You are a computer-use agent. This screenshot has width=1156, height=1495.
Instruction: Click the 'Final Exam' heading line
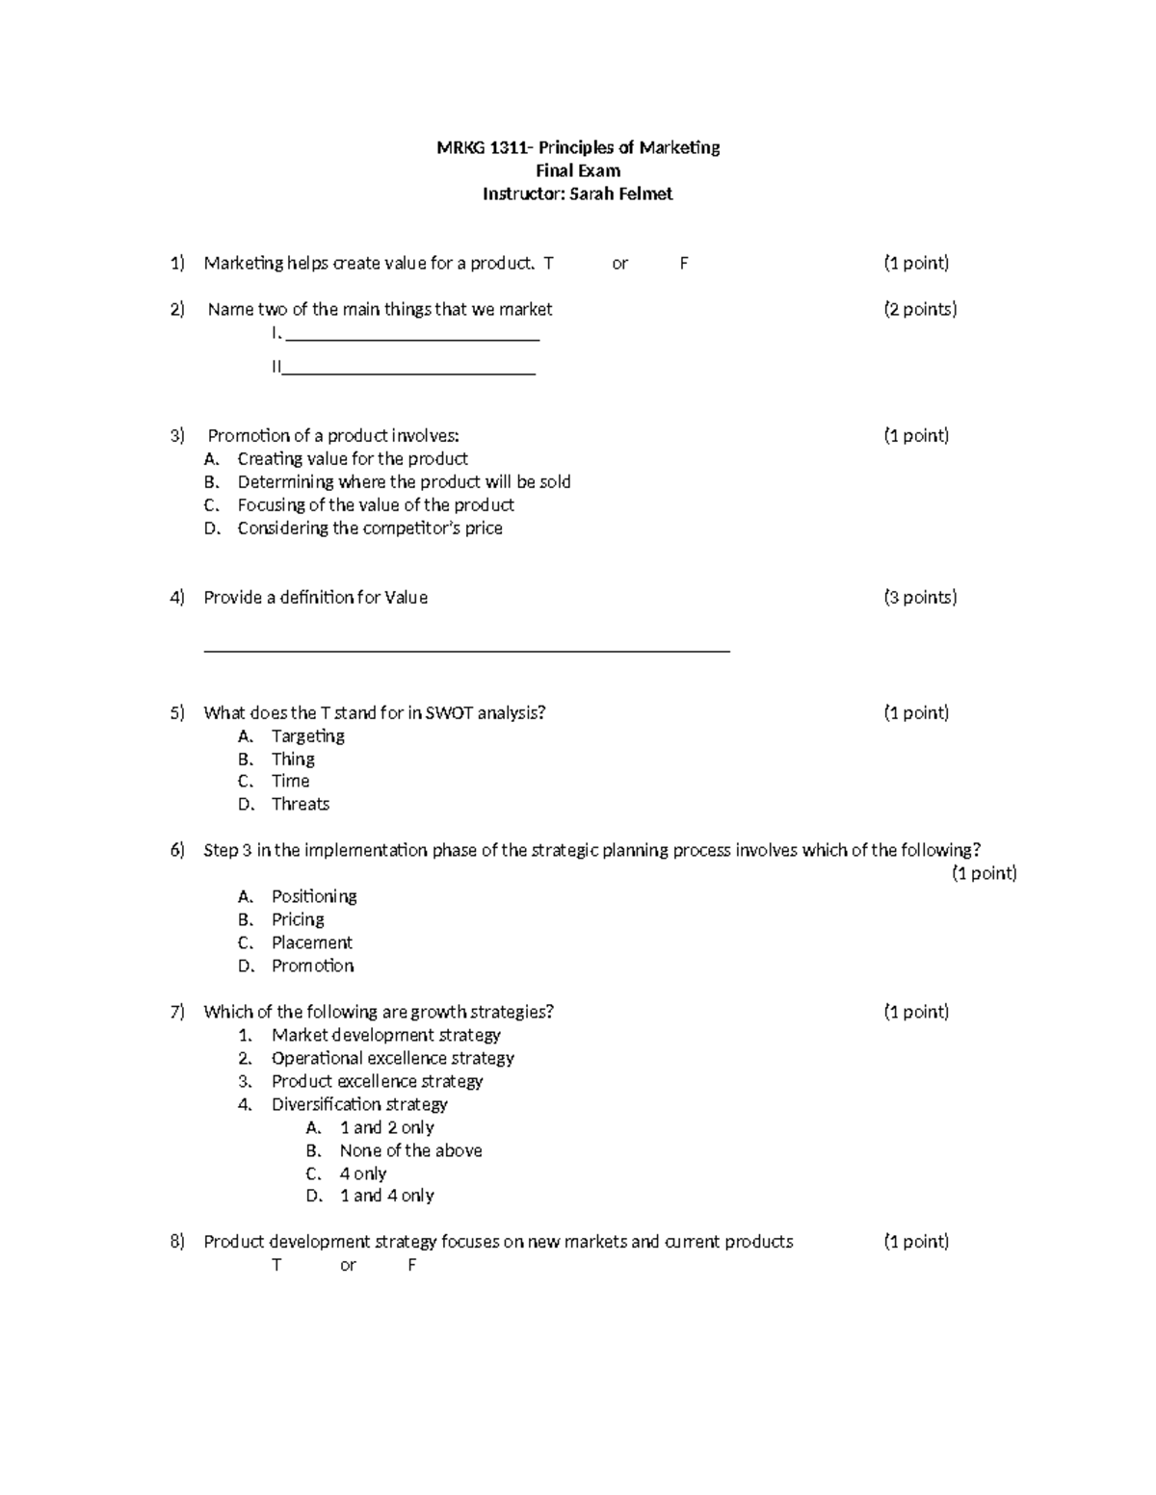(578, 170)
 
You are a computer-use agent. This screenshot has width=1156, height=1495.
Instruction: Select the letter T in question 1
(549, 263)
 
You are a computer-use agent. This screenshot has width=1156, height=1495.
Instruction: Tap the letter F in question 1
(684, 263)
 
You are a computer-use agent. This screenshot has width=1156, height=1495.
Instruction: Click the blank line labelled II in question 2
(408, 372)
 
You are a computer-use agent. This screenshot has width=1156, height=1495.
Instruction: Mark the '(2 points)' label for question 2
(920, 309)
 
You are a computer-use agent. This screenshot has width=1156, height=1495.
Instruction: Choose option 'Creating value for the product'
(353, 459)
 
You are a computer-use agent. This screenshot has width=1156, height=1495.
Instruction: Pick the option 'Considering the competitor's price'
(370, 528)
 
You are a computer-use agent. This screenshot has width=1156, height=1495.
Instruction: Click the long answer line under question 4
(467, 651)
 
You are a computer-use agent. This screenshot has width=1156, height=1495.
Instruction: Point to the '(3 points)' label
(920, 597)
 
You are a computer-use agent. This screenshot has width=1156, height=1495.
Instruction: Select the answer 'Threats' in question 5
(301, 804)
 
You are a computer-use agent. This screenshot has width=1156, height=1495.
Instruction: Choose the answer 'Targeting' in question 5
(307, 735)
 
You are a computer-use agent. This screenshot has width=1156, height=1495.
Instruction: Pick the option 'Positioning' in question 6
(314, 896)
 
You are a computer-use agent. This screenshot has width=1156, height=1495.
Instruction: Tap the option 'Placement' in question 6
(312, 942)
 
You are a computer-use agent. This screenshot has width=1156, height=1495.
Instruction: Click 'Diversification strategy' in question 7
(359, 1104)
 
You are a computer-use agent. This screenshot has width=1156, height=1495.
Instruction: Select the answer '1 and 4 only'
(386, 1196)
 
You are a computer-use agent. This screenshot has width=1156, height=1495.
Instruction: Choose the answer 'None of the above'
(410, 1150)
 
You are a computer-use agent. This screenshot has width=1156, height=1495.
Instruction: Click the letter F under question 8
(411, 1265)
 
